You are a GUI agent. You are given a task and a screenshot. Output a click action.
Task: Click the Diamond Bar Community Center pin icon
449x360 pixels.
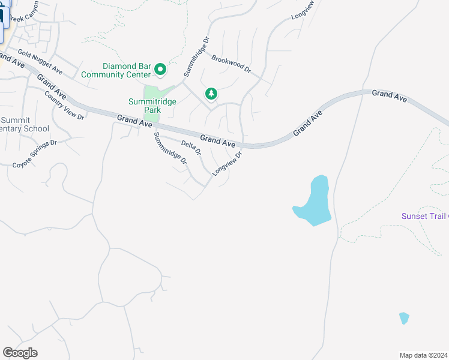[160, 70]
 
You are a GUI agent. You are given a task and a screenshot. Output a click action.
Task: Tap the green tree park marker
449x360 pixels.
[211, 94]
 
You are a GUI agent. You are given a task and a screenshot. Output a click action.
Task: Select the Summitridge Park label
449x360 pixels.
[152, 106]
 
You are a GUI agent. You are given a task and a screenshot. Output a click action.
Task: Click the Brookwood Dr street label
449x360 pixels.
[231, 63]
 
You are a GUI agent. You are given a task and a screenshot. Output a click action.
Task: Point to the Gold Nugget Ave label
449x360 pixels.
[40, 62]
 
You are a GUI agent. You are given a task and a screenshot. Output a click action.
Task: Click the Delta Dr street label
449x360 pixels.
[191, 148]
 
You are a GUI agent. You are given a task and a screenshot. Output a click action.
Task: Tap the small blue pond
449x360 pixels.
[404, 318]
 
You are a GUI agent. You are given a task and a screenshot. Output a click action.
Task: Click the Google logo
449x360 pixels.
[20, 352]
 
